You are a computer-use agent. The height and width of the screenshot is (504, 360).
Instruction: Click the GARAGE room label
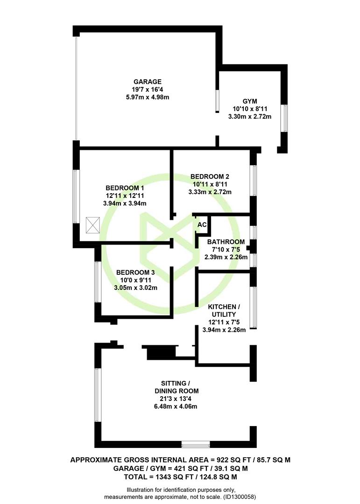[x=148, y=82]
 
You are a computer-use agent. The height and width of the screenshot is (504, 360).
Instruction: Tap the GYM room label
[x=250, y=101]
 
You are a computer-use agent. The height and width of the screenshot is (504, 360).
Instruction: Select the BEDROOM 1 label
[x=125, y=188]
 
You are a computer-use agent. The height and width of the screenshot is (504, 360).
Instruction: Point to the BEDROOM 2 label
[x=210, y=176]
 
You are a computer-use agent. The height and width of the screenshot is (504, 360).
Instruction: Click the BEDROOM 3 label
[x=135, y=273]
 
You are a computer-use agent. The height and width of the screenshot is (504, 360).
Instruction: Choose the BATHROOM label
[x=226, y=242]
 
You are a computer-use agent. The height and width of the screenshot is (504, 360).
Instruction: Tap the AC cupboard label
[x=202, y=224]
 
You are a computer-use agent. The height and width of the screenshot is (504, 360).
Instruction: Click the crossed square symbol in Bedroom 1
[x=93, y=225]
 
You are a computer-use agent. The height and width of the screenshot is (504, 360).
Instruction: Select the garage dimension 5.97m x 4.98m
[x=148, y=97]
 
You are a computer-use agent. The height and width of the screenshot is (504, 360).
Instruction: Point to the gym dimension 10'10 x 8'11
[x=250, y=109]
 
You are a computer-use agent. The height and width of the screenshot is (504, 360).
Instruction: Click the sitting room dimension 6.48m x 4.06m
[x=176, y=406]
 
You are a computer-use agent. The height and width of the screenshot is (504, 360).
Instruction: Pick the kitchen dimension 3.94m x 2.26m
[x=224, y=330]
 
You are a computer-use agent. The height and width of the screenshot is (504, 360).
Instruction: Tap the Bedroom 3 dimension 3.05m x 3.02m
[x=135, y=288]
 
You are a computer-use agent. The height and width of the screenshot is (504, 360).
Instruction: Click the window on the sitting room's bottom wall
[x=196, y=445]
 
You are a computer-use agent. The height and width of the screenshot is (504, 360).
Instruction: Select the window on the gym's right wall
[x=284, y=118]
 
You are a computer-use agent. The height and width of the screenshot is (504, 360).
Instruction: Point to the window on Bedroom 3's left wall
[x=98, y=282]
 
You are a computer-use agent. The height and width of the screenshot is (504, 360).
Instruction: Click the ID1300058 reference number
[x=239, y=497]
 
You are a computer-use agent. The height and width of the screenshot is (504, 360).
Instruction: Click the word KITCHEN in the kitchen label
[x=222, y=307]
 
